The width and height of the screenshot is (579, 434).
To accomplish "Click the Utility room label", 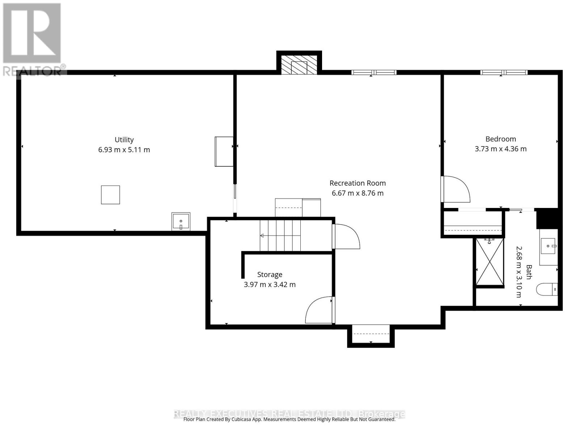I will (124, 140).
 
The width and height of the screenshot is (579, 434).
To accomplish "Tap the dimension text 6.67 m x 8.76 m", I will (358, 193).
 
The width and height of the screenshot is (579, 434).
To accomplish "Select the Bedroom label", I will (500, 139).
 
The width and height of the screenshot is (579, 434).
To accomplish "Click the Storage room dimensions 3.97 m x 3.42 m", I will (270, 285).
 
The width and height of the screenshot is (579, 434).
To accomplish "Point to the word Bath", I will (529, 272).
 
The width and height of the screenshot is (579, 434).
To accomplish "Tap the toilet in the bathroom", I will (546, 289).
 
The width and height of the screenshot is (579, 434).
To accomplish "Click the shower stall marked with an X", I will (490, 261).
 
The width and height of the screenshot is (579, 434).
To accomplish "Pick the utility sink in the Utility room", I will (181, 221).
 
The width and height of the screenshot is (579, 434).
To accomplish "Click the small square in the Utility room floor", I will (110, 195).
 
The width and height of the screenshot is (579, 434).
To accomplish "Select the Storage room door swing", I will (319, 310).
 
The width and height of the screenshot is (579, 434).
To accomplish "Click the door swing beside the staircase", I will (346, 237).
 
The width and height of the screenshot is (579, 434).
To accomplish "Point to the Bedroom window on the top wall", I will (504, 72).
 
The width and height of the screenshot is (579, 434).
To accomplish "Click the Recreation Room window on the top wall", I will (374, 72).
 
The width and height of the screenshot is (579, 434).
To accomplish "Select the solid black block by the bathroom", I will (548, 218).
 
